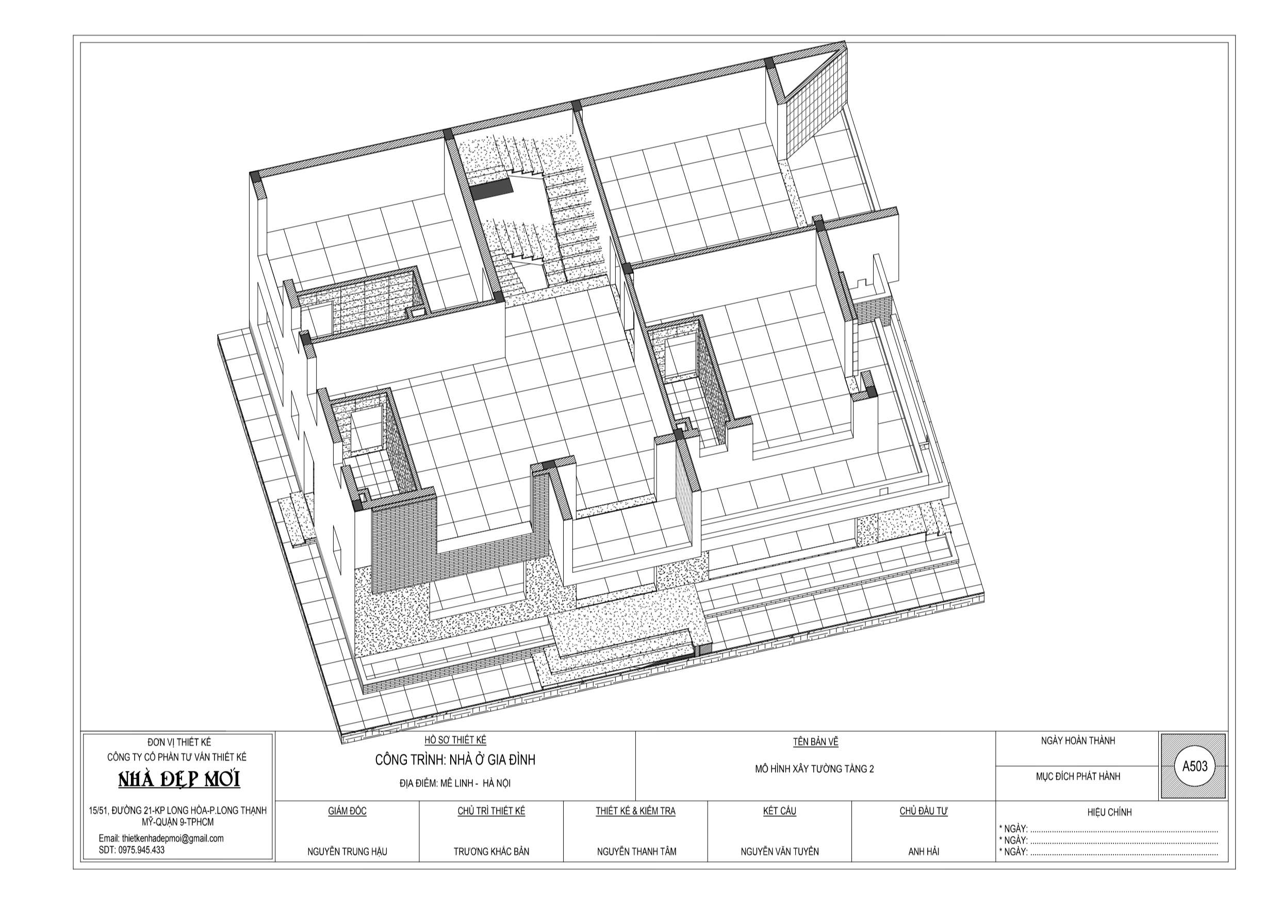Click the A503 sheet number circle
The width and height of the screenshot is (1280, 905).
(1194, 766)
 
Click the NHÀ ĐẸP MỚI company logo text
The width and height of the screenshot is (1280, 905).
(179, 780)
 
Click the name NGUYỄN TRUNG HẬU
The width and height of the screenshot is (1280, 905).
(347, 851)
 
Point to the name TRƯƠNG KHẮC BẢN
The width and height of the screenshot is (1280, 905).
(491, 851)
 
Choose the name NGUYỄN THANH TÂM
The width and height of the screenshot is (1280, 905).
(636, 851)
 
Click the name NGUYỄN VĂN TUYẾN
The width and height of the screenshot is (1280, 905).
(779, 851)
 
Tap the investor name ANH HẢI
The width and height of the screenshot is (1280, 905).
(924, 851)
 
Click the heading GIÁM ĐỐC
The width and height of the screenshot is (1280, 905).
(347, 811)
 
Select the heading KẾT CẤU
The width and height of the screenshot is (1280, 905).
(779, 811)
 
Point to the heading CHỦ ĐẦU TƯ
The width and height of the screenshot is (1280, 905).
(924, 811)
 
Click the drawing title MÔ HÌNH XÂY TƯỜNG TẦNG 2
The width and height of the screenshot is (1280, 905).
(814, 769)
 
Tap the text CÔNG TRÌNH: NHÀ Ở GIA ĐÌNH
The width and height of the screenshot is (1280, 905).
(455, 760)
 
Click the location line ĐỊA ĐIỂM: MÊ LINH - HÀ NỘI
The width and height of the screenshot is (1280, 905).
(455, 783)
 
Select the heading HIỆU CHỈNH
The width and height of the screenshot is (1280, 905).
(1109, 812)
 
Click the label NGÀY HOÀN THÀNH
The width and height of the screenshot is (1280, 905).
(1078, 741)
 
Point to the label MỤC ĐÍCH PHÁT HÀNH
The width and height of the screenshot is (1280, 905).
(1078, 776)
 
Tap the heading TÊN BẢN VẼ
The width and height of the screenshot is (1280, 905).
(816, 742)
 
